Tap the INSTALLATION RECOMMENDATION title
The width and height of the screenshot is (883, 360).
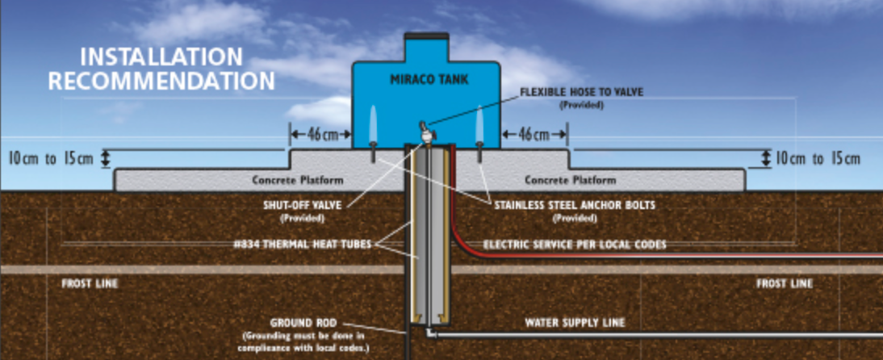pos(161,69)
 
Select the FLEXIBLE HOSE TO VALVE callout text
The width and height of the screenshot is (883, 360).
pos(581,92)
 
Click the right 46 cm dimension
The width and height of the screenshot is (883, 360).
pos(534,135)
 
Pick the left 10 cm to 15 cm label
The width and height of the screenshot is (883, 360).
pos(50,158)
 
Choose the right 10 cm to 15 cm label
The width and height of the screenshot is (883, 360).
pos(818,158)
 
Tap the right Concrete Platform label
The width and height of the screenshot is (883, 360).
pos(571,179)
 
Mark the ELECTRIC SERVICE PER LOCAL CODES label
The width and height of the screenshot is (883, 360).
pos(575,245)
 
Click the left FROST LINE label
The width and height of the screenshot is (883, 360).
pos(90,284)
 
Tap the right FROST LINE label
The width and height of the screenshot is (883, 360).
pos(785,284)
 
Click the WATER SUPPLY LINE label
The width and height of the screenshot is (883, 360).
pos(575,323)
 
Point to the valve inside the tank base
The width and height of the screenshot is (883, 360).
pos(422,128)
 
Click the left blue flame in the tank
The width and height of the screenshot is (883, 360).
pos(372,124)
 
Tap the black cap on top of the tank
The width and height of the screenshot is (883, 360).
pos(426,36)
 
